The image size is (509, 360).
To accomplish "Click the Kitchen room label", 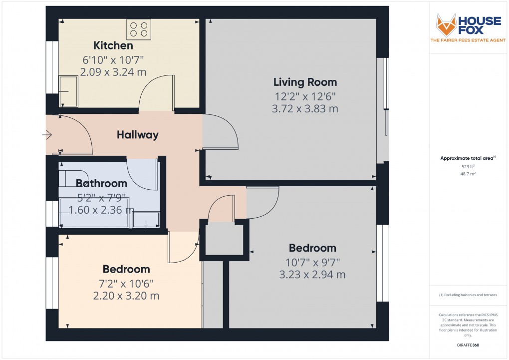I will (113, 46).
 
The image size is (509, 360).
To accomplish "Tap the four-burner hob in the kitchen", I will (139, 29).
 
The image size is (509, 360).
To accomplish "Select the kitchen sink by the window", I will (69, 91).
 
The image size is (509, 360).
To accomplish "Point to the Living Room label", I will (305, 82).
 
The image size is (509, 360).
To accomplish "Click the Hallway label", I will (138, 135).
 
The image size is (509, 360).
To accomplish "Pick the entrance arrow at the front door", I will (47, 135).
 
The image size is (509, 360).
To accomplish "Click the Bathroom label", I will (101, 183).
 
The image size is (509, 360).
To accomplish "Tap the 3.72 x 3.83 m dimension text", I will (305, 109).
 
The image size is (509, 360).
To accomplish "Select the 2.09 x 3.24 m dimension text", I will (113, 72).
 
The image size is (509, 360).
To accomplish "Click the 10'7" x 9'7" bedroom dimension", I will (312, 262).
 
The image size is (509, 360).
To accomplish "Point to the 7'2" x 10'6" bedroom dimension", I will (126, 283).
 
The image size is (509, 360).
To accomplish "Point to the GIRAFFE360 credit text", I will (468, 345).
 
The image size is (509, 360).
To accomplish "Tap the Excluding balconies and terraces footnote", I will (468, 295).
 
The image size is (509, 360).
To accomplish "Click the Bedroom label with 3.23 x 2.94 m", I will (312, 248).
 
